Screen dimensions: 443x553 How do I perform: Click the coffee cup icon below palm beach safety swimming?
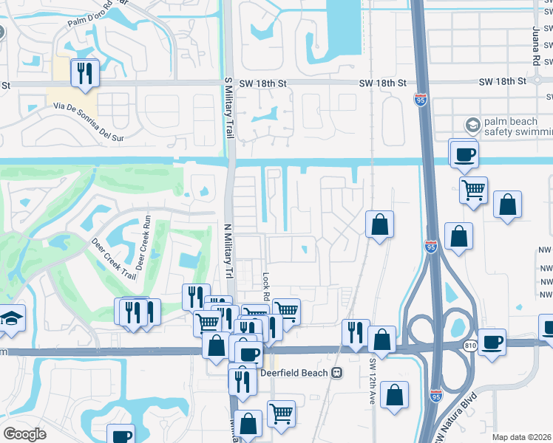click(x=464, y=155)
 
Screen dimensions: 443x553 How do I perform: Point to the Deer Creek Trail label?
click(x=115, y=258)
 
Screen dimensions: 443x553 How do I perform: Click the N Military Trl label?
click(x=228, y=252)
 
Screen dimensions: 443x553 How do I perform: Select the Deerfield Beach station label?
click(x=295, y=373)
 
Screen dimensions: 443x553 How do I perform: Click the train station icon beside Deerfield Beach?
click(x=337, y=373)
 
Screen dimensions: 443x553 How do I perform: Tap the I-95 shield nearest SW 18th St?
click(x=420, y=100)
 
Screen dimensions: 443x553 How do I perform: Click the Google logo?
click(x=24, y=433)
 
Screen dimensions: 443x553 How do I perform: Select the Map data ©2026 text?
click(x=521, y=437)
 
